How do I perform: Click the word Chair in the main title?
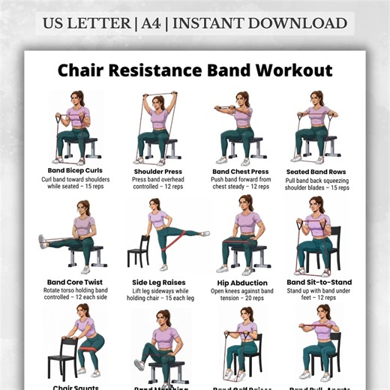coord(85,71)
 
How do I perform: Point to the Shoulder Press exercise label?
coord(158,171)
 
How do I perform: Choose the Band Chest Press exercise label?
coord(241,171)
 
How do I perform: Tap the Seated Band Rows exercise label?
coord(319,171)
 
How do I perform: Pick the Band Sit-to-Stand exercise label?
coord(319,283)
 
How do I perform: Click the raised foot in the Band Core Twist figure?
coord(43,241)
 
